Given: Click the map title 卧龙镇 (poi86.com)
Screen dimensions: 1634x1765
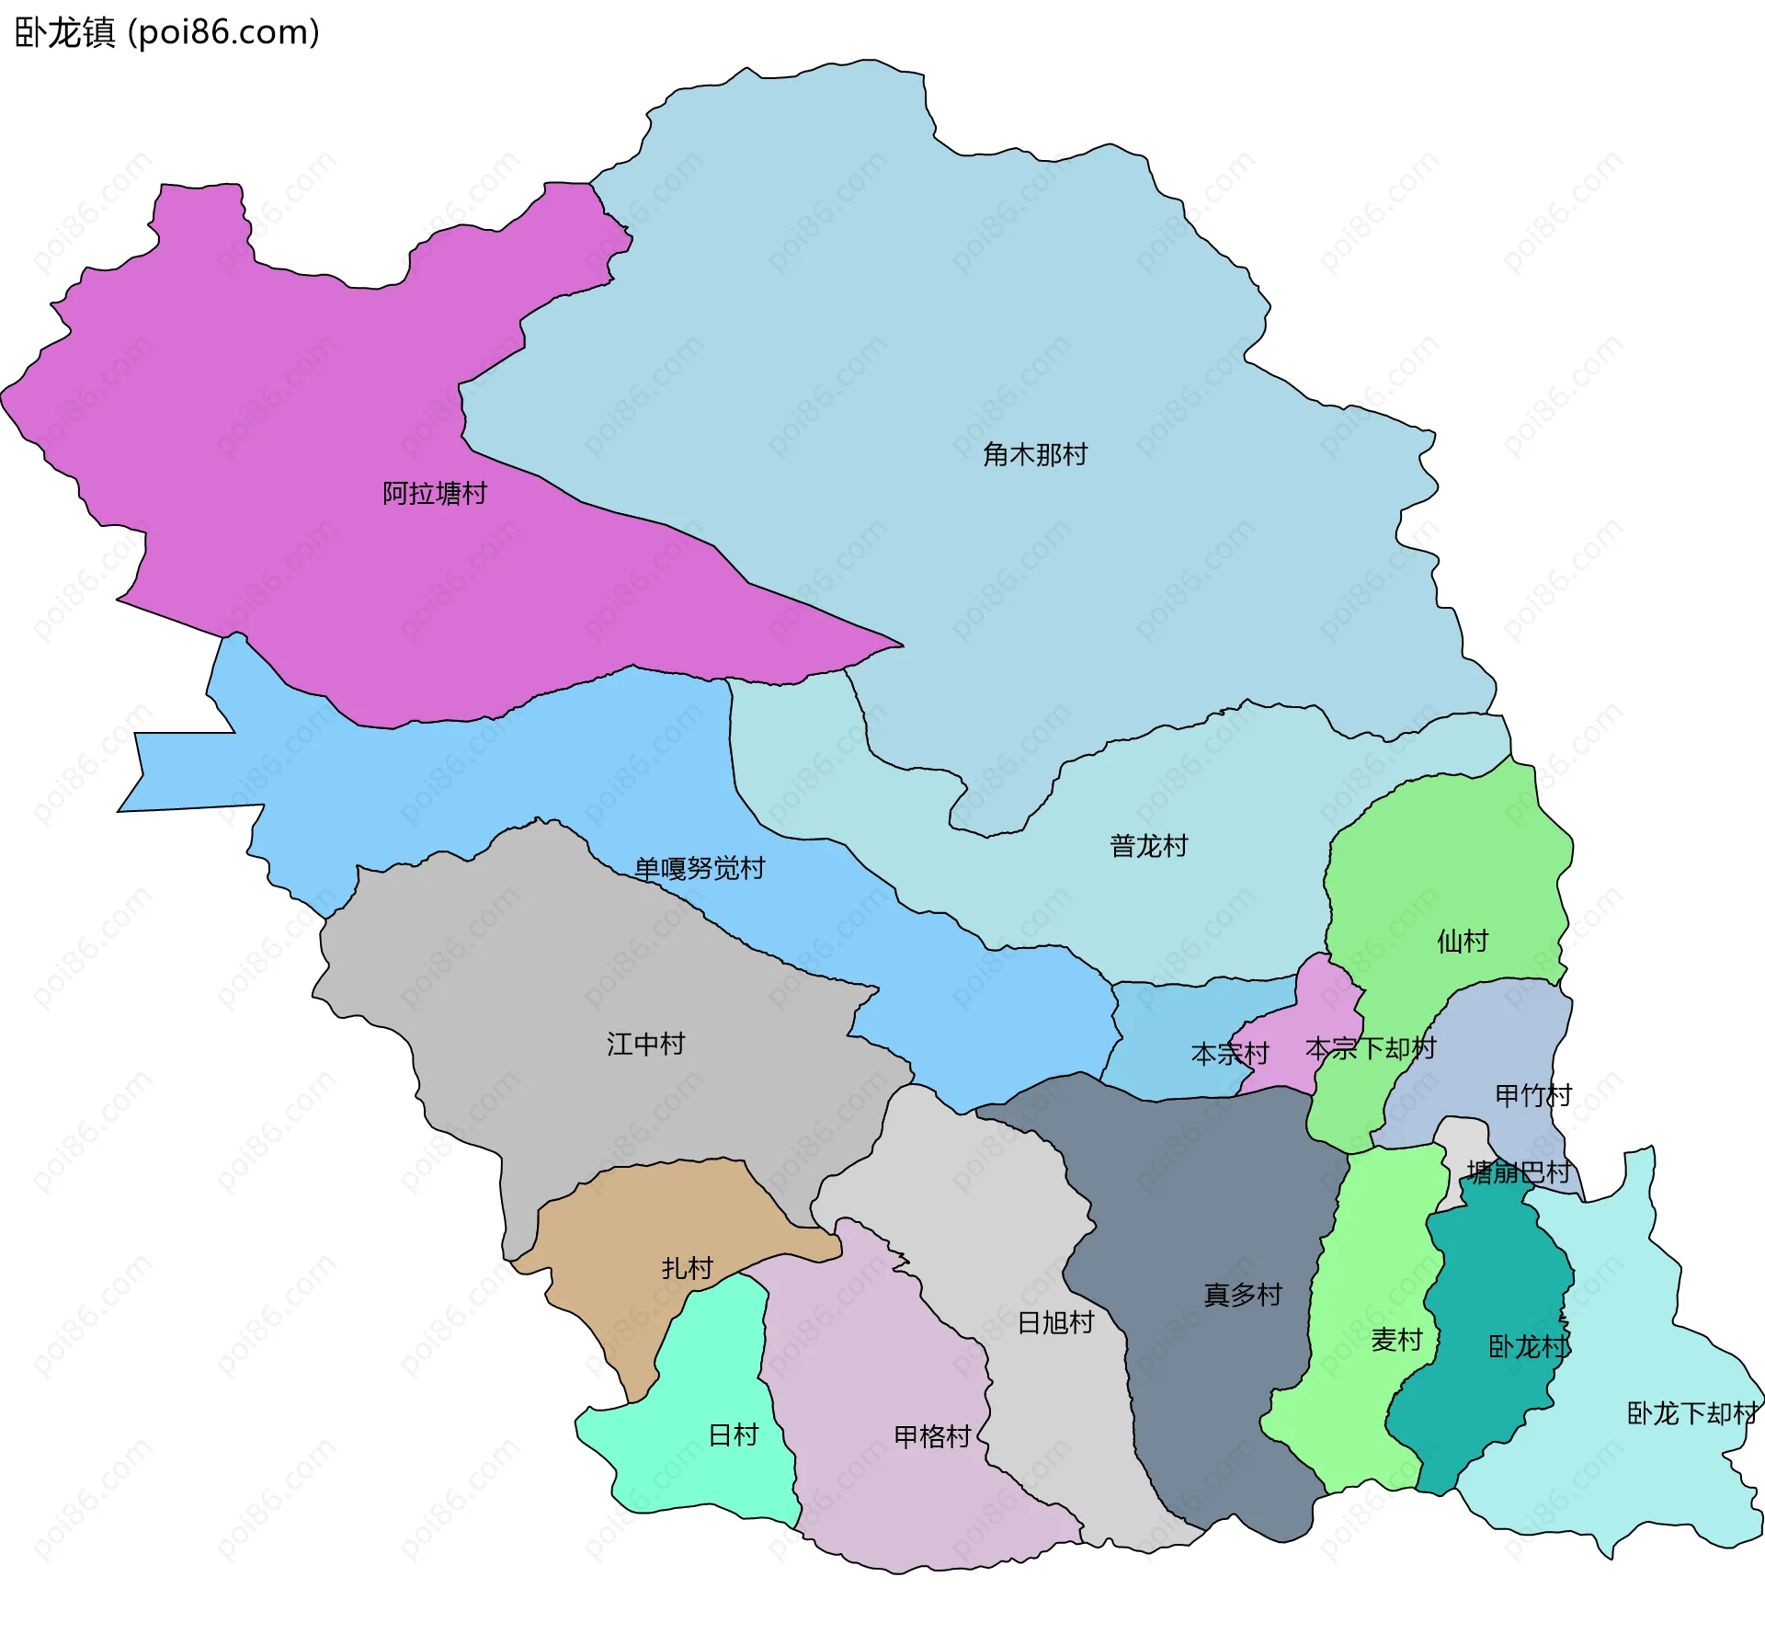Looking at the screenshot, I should coord(167,32).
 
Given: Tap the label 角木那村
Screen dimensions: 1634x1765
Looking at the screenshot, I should coord(1034,454).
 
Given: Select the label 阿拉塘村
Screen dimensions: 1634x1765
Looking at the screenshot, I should coord(434,494).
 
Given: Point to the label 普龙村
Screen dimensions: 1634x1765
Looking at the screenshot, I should coord(1148,846).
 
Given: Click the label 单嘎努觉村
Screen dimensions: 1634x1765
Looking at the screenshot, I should coord(700,868).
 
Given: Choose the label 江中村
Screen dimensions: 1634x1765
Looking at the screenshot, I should coord(645,1044).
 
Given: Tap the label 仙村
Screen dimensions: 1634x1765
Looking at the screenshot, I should coord(1462,941).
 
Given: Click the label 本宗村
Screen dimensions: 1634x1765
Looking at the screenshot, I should coord(1229,1054).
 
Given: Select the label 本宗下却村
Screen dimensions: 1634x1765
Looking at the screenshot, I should coord(1370,1048).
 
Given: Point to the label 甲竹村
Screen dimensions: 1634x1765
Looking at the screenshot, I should coord(1532,1095).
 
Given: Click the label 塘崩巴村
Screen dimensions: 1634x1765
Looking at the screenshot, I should coord(1518,1172).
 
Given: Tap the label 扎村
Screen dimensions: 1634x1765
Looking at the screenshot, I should coord(687,1268).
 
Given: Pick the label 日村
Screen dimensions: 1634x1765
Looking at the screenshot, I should coord(733,1434).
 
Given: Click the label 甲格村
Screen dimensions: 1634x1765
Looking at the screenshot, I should coord(932,1436).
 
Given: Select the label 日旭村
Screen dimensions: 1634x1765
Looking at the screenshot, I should coord(1055,1322).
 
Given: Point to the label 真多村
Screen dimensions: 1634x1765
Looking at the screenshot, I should coord(1242,1295).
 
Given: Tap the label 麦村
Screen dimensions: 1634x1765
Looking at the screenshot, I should coord(1396,1340).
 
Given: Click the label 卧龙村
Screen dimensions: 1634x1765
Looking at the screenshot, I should coord(1527,1347).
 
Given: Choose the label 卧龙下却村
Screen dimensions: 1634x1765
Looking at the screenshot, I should coord(1691,1413).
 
